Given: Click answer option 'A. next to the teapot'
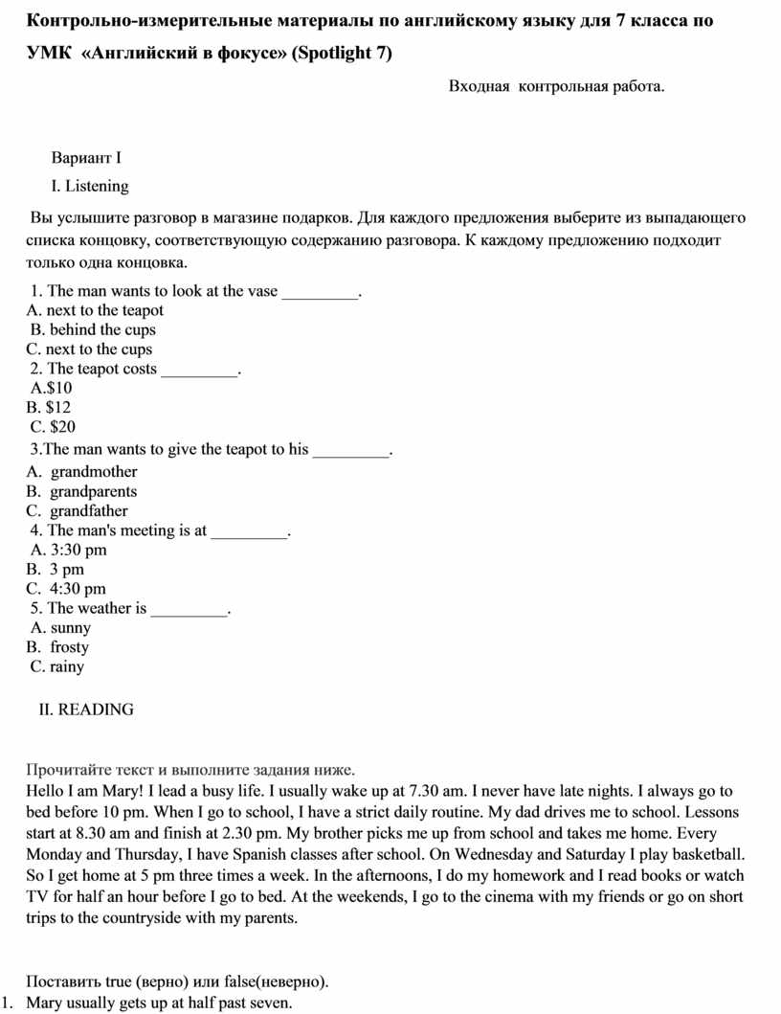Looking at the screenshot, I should (x=95, y=310).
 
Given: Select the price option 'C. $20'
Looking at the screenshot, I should (x=53, y=426).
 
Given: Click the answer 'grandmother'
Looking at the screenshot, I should (x=94, y=472).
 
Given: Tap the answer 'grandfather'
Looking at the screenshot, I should (x=89, y=511).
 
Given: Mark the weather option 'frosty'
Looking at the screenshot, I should (x=69, y=647).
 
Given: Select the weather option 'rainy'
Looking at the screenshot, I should (x=67, y=666).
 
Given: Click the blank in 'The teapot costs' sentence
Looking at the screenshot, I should (x=198, y=371).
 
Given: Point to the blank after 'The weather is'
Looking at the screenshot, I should (x=190, y=610).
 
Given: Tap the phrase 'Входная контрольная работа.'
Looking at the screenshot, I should (x=556, y=87).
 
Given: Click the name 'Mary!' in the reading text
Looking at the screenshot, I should (x=120, y=791).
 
